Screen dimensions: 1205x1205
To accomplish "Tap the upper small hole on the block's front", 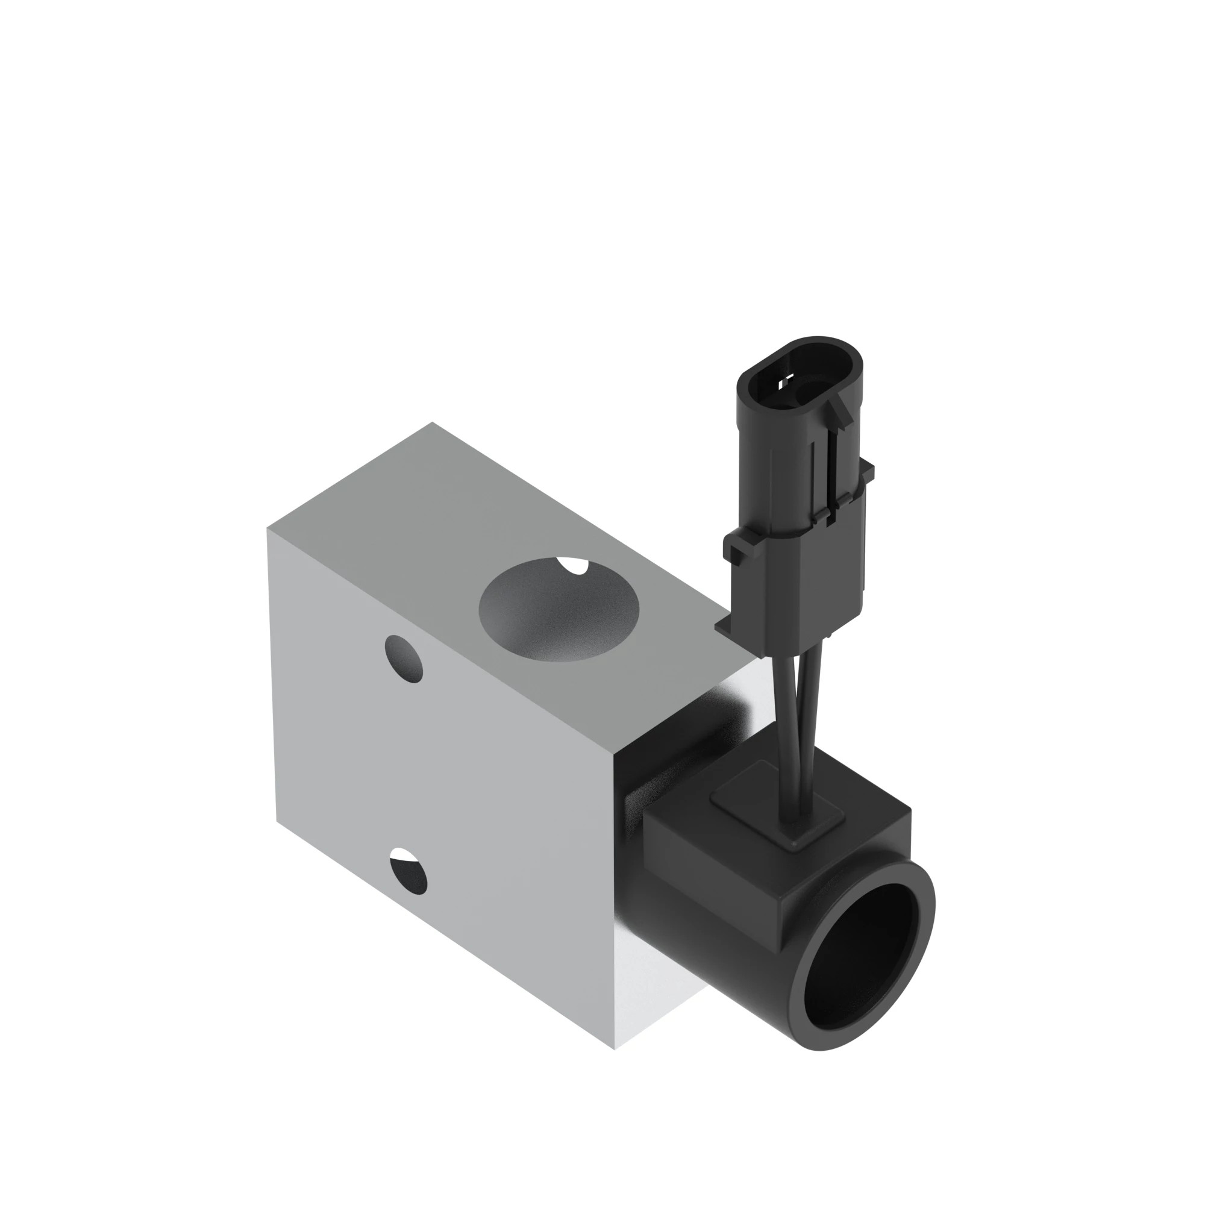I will [x=404, y=659].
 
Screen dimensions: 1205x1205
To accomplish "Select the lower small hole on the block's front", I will [x=408, y=871].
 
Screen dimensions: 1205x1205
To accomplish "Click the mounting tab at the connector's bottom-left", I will [x=727, y=628].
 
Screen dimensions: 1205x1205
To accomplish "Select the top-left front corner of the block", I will [x=268, y=528].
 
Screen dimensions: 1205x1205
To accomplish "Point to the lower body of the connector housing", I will [x=804, y=580].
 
